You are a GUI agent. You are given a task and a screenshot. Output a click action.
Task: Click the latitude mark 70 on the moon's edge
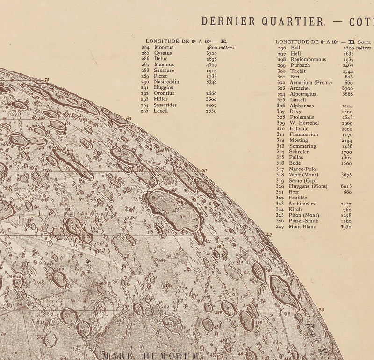pos(46,80)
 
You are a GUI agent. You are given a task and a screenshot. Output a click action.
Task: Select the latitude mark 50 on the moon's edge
pos(204,171)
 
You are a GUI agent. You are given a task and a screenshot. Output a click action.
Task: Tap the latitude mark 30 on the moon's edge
pos(321,310)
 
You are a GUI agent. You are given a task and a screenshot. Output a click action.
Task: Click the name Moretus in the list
pos(164,48)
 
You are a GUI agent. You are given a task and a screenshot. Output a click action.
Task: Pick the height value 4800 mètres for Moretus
pos(220,48)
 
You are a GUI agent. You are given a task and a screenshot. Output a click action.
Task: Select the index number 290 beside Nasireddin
pos(145,82)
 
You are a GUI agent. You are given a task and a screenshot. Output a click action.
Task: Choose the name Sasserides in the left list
pos(165,105)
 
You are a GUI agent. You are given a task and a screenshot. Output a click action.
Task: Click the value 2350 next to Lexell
pos(211,111)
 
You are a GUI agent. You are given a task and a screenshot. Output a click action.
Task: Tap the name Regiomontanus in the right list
pos(308,59)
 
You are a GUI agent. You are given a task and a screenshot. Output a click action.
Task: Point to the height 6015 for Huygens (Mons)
pos(346,186)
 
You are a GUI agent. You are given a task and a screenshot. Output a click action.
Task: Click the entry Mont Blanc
pos(302,227)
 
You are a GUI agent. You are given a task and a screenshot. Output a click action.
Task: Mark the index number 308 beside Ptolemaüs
pos(281,117)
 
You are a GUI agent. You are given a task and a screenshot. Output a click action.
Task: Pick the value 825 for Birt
pos(349,77)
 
